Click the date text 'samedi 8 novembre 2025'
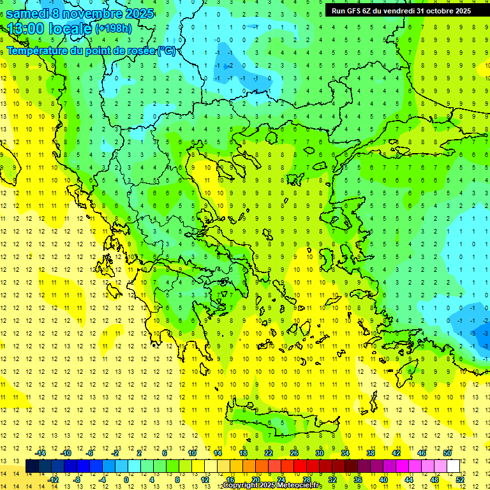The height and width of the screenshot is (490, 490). (80, 13)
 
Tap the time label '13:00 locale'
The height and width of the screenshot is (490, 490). (48, 28)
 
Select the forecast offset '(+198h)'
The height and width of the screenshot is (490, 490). (114, 28)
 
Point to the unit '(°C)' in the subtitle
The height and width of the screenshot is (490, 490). (167, 50)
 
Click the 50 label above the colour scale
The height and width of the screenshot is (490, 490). (447, 453)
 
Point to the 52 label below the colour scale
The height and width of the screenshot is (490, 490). (460, 480)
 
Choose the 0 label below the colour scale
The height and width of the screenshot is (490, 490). (126, 480)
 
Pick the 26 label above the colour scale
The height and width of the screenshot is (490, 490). (293, 453)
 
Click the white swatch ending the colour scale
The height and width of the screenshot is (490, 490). (453, 466)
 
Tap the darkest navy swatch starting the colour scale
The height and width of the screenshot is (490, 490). (32, 466)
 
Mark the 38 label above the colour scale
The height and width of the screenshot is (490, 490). (370, 453)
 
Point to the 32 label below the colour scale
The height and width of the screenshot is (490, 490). (332, 480)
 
